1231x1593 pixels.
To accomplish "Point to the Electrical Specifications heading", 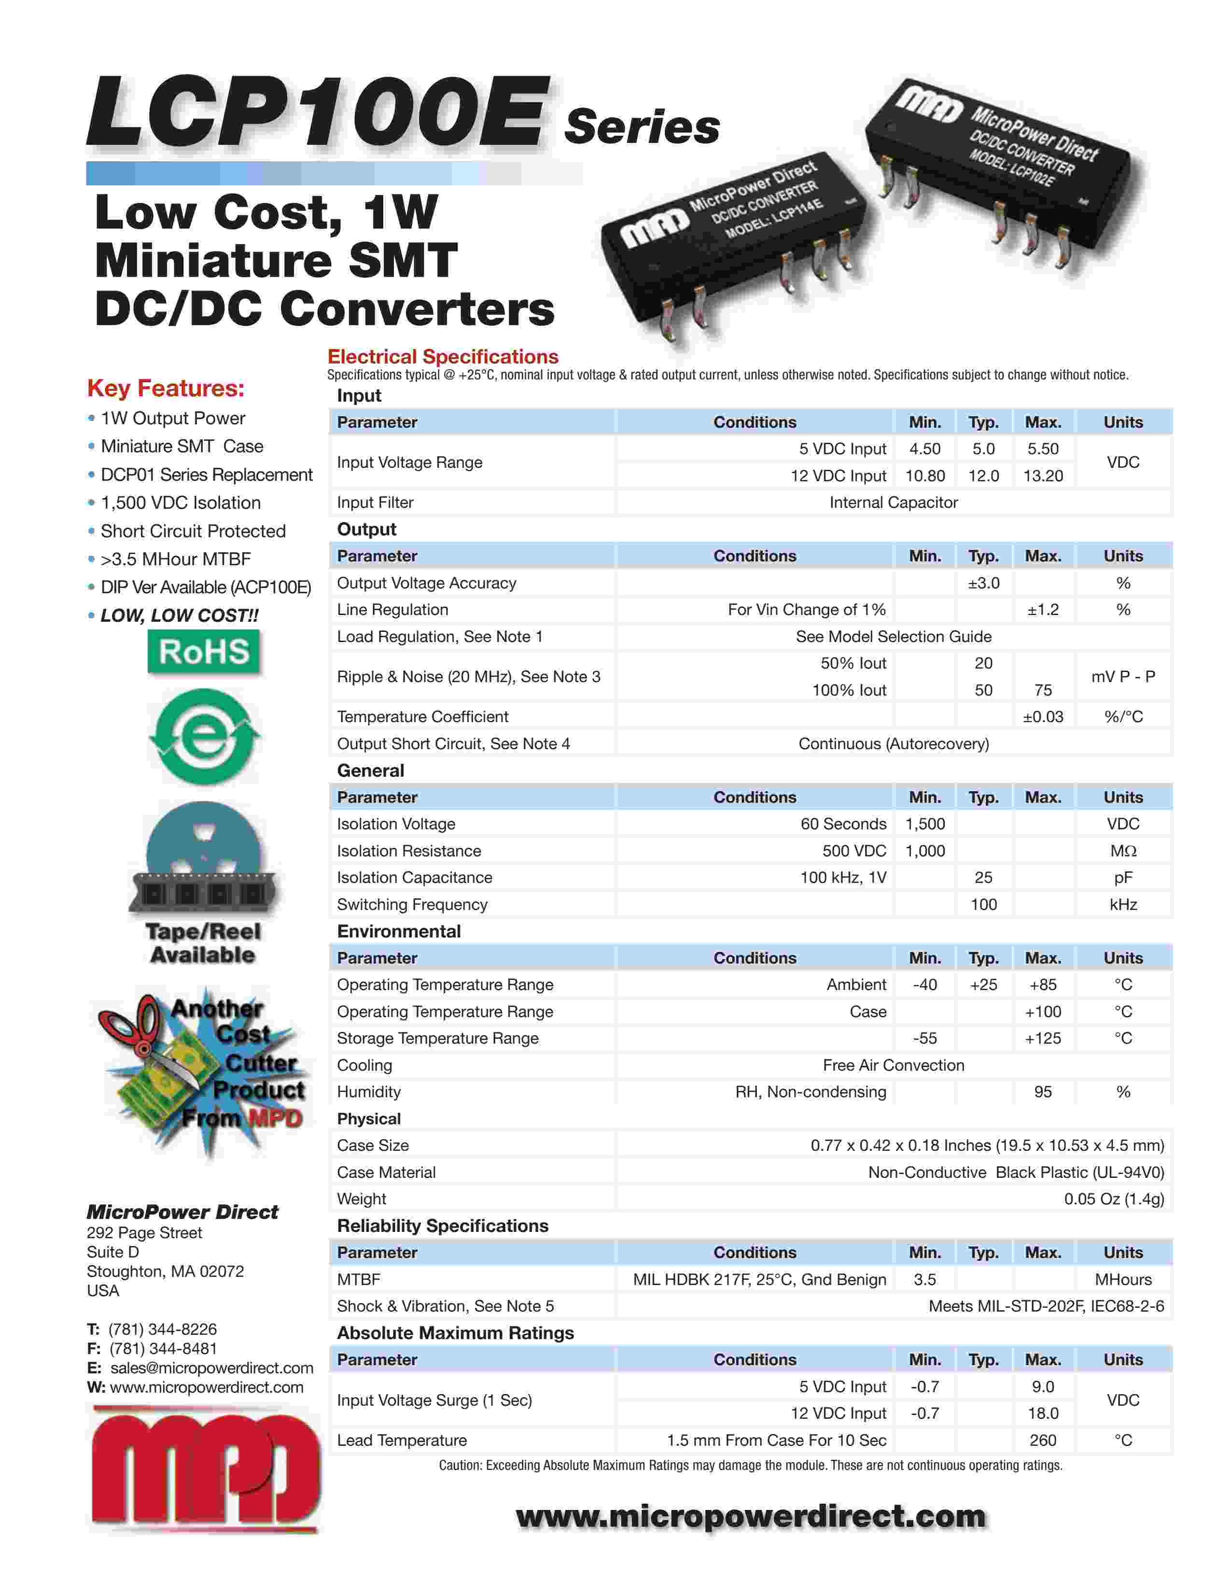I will [443, 357].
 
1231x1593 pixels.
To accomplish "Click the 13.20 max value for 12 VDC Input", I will [1043, 475].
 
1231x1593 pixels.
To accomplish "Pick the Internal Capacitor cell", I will [894, 503].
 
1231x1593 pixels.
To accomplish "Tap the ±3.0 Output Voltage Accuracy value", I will [983, 583].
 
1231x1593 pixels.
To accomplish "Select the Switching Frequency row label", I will [412, 905].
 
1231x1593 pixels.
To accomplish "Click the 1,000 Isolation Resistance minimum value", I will [925, 851].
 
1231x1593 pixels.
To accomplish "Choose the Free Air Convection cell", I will [894, 1065].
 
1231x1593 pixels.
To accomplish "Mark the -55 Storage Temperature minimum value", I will [925, 1038].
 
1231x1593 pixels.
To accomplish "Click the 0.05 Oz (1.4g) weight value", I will [1114, 1199].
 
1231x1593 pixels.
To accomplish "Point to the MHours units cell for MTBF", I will [1123, 1279].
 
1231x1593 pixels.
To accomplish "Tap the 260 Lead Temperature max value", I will [1043, 1440].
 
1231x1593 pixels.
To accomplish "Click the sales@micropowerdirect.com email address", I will [211, 1368].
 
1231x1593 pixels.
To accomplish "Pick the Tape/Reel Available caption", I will [203, 943].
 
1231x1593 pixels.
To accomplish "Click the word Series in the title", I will [642, 127].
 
